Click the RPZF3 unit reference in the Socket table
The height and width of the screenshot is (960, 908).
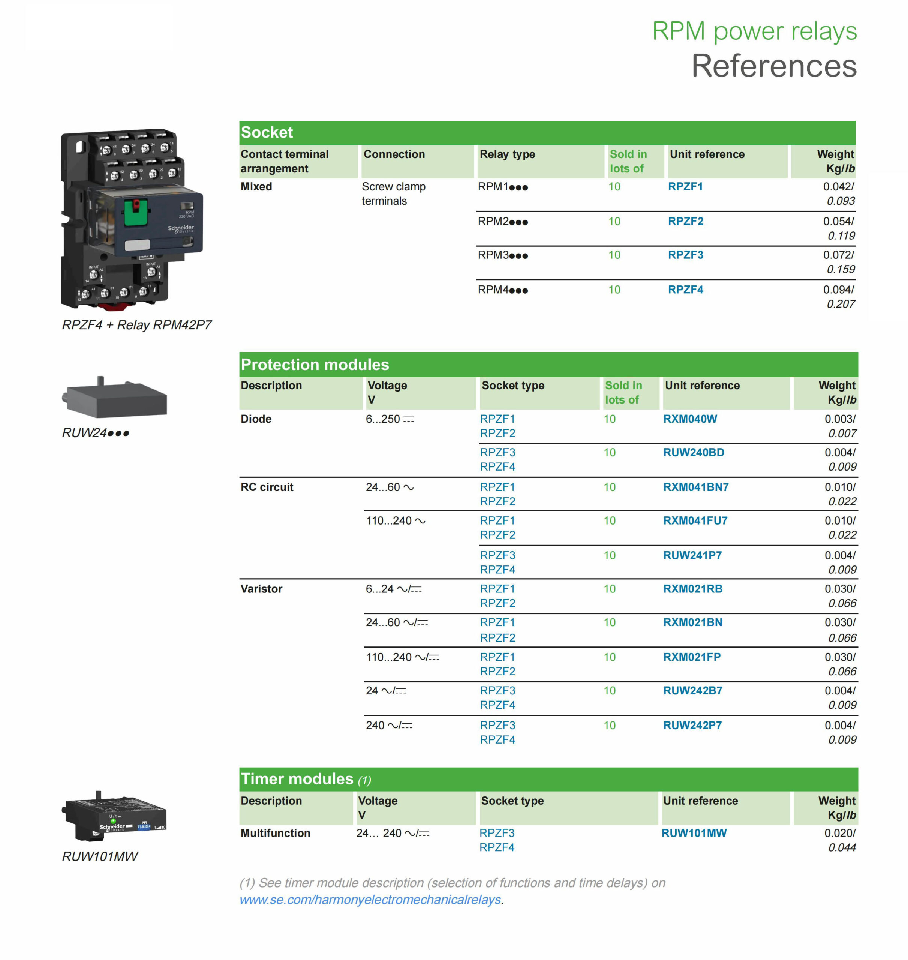click(685, 255)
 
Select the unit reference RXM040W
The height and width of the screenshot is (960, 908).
click(690, 419)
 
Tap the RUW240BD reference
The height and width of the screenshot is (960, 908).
click(694, 452)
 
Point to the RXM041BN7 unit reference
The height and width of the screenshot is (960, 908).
click(695, 487)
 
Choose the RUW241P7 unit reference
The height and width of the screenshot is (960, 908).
click(692, 555)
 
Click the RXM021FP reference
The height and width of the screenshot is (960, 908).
click(692, 657)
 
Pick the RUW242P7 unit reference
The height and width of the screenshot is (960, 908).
click(692, 725)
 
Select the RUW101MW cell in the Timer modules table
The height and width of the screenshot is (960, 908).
click(694, 833)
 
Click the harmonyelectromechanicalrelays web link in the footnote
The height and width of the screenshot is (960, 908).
click(370, 900)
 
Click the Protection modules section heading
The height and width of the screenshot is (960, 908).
click(315, 364)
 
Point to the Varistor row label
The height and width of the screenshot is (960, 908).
click(261, 589)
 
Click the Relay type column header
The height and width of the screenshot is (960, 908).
click(507, 154)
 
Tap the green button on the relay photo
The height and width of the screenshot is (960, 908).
click(136, 213)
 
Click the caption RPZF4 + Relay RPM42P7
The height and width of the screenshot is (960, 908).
click(136, 324)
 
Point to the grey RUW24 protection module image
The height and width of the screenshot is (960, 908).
click(115, 398)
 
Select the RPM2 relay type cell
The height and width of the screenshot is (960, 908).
click(502, 221)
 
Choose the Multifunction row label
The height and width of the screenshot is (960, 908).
click(276, 833)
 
